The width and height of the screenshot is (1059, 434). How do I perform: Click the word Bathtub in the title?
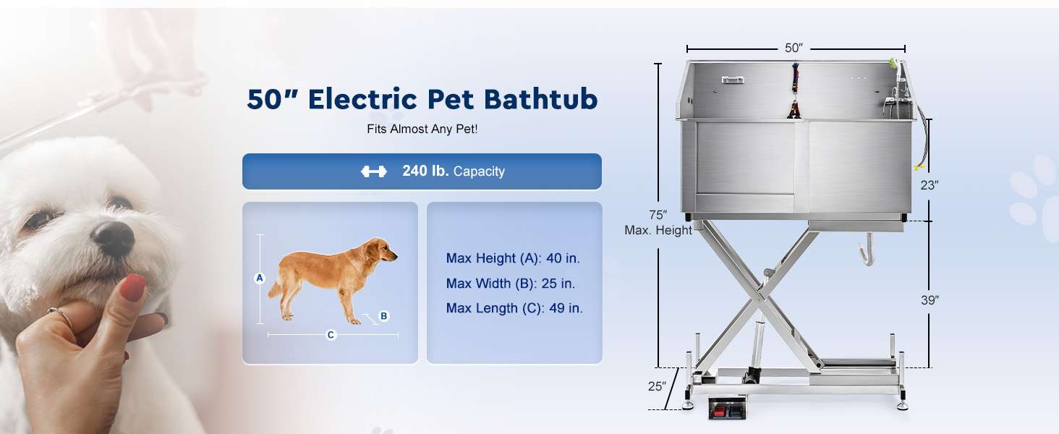540,99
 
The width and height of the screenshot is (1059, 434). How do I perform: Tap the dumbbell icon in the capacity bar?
373,171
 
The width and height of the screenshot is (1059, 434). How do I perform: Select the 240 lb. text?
425,171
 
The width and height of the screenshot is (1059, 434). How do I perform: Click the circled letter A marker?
260,278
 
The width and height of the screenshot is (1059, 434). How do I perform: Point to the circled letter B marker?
384,316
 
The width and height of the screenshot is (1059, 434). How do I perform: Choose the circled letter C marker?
331,335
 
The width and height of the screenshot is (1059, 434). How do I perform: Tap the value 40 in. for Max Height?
563,258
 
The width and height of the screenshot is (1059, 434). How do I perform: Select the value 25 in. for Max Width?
558,284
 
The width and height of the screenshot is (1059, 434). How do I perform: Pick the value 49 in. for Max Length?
566,308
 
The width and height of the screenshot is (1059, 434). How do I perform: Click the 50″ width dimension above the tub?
794,48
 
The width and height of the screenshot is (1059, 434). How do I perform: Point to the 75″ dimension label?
658,215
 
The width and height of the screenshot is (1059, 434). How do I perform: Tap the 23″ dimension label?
930,185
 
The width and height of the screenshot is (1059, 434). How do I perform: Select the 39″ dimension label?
930,300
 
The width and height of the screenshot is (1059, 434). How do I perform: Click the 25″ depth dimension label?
657,386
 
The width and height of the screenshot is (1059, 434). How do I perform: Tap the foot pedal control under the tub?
727,408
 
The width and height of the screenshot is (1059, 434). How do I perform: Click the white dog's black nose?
113,238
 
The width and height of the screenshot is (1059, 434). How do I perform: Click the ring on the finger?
61,316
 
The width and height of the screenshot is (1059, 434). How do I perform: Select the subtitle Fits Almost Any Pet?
422,129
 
